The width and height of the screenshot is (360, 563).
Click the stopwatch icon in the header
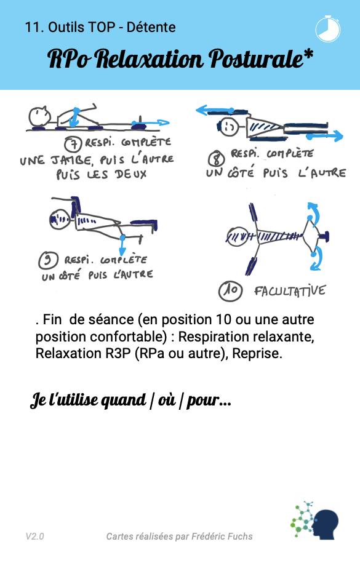327,29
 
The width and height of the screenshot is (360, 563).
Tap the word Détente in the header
151,27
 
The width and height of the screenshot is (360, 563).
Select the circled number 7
73,143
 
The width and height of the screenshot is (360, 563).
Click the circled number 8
217,158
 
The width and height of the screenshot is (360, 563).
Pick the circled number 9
48,260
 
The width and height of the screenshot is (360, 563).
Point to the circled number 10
230,291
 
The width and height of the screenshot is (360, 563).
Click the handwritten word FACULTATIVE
290,291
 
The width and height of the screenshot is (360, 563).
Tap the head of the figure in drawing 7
39,116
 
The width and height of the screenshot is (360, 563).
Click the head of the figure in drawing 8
229,126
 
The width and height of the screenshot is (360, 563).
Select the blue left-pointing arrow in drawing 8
215,110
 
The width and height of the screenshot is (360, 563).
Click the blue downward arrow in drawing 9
122,246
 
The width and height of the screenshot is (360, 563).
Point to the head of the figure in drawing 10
237,236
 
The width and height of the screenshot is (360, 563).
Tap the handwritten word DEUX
131,175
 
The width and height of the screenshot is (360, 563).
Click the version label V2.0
35,537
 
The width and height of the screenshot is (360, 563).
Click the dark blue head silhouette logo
326,524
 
